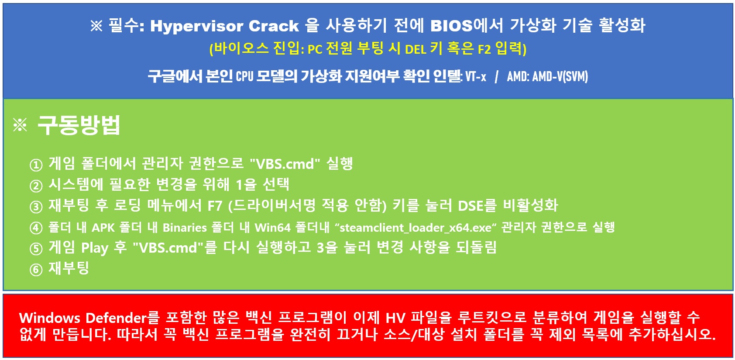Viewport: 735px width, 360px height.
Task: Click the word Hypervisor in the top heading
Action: pyautogui.click(x=196, y=26)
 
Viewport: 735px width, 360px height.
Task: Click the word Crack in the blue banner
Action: pyautogui.click(x=274, y=26)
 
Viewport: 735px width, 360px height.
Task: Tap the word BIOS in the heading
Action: pyautogui.click(x=451, y=26)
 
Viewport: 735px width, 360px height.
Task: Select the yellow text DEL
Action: pyautogui.click(x=416, y=50)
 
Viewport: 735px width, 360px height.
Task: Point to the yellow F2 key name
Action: pyautogui.click(x=484, y=50)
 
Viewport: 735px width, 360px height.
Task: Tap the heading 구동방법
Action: pyautogui.click(x=79, y=125)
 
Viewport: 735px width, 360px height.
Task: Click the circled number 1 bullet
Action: pyautogui.click(x=36, y=165)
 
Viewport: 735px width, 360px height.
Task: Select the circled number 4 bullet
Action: pyautogui.click(x=36, y=228)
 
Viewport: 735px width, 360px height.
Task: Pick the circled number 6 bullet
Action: pyautogui.click(x=36, y=270)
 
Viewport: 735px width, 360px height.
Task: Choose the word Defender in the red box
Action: pyautogui.click(x=116, y=318)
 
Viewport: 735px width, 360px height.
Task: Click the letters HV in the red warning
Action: pyautogui.click(x=395, y=318)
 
